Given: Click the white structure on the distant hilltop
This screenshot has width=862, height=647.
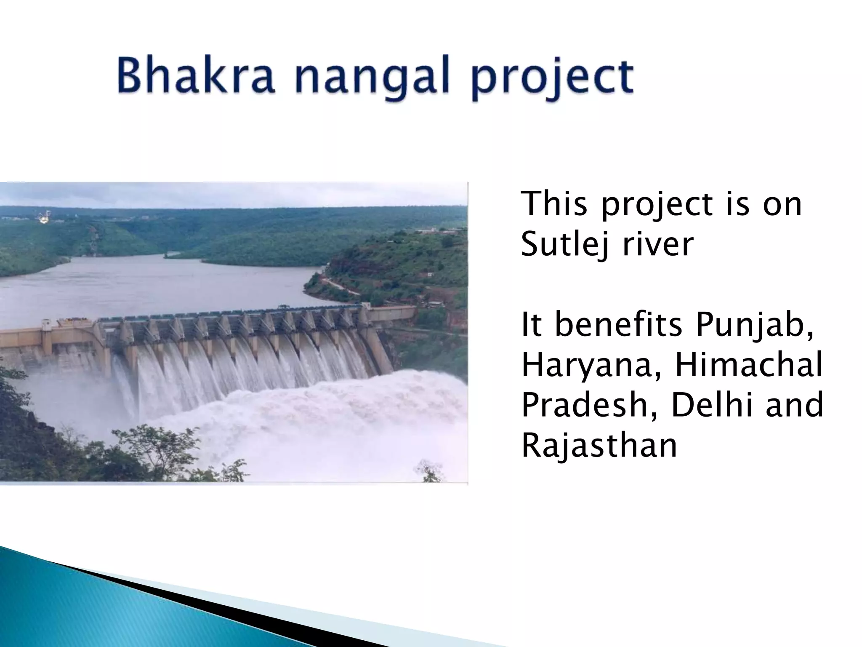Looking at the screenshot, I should click(43, 217).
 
